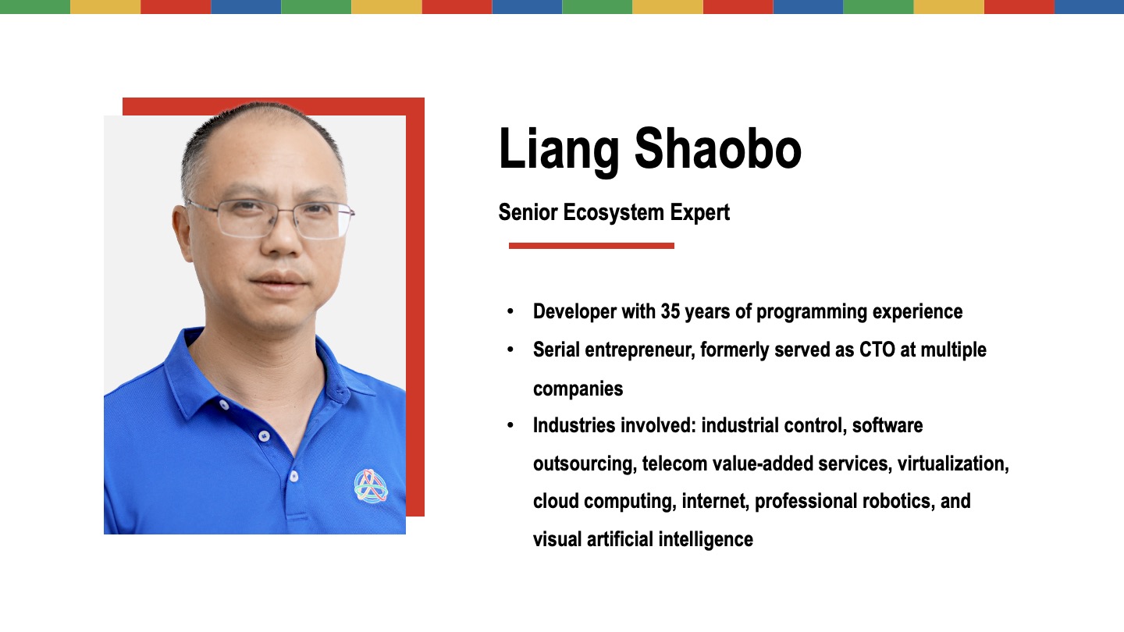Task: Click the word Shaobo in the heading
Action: [x=718, y=148]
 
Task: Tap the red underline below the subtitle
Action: [x=592, y=246]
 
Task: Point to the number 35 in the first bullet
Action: [x=670, y=311]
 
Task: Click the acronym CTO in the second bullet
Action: [x=877, y=350]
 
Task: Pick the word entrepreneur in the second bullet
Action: [x=639, y=350]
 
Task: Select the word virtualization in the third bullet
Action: [x=953, y=464]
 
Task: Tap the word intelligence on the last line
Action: [x=706, y=540]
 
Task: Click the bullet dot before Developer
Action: [x=510, y=311]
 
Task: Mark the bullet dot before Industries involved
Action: [x=510, y=425]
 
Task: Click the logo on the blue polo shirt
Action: [x=371, y=485]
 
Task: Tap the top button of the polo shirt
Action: [x=224, y=405]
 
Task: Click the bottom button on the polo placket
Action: [x=294, y=476]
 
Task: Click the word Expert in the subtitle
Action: [x=700, y=213]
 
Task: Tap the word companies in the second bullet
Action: [x=578, y=389]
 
